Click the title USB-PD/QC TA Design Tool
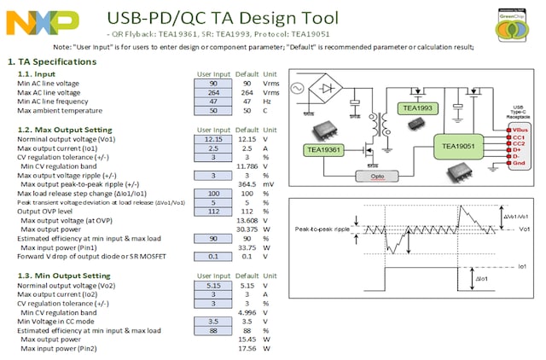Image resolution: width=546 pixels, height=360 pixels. pyautogui.click(x=224, y=17)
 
